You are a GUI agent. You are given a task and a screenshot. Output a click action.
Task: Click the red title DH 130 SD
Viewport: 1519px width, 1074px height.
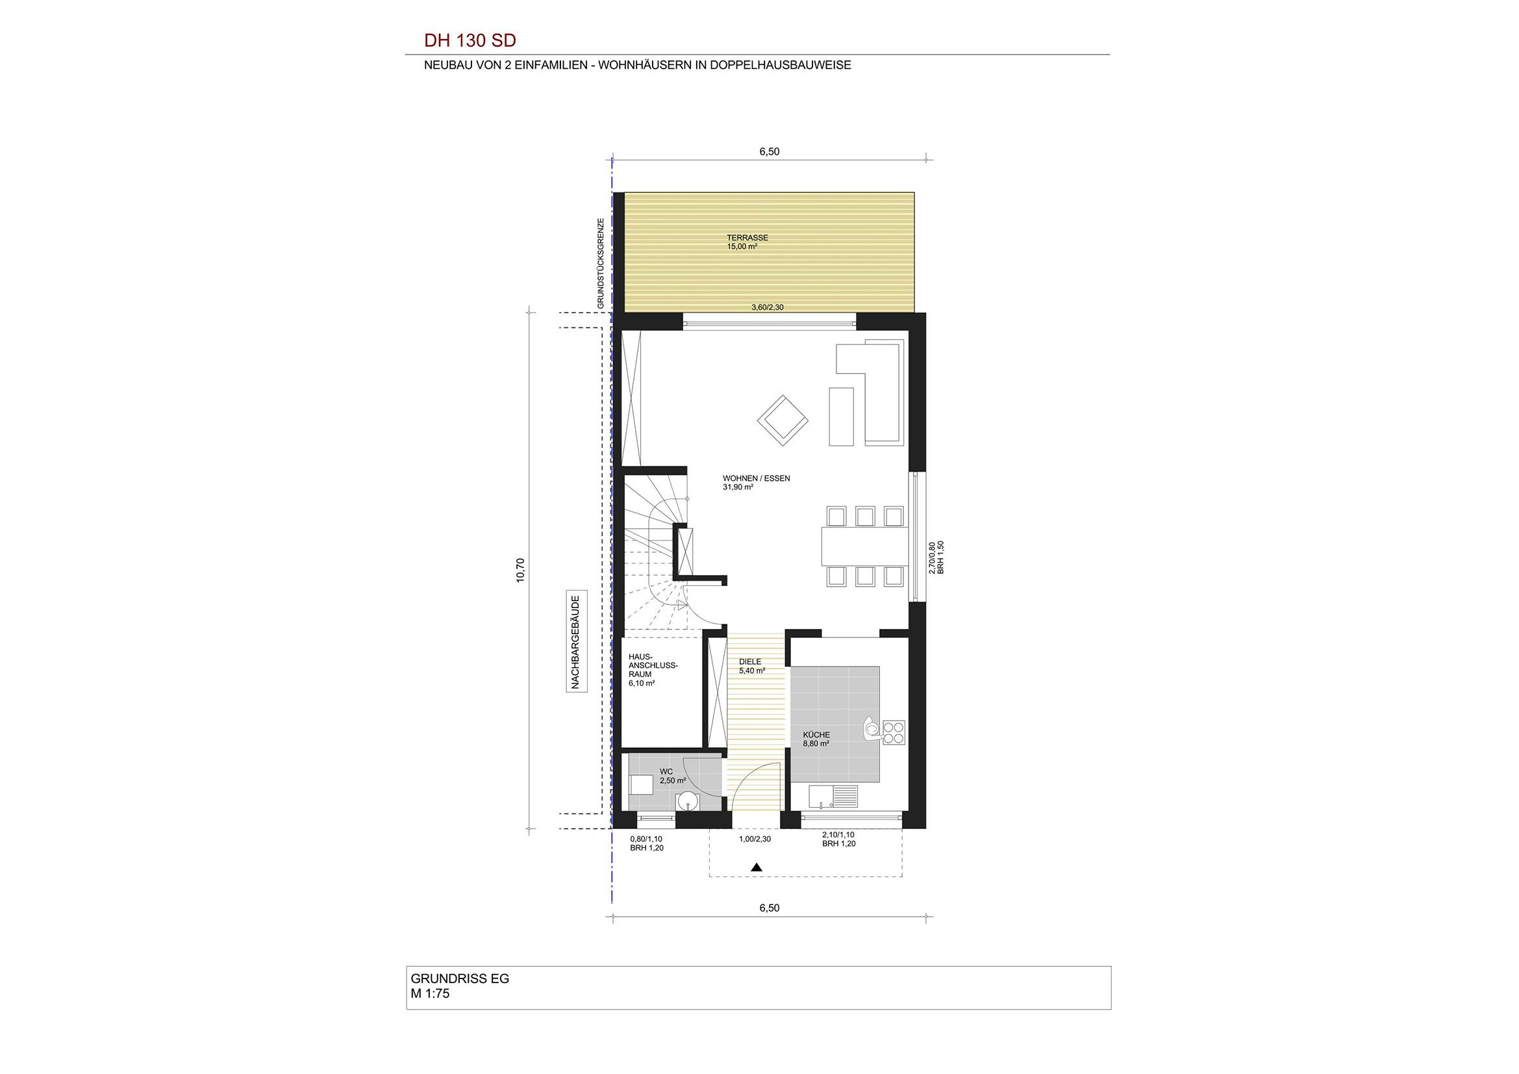[470, 40]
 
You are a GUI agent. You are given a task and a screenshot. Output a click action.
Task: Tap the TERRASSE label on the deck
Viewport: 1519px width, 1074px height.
[747, 238]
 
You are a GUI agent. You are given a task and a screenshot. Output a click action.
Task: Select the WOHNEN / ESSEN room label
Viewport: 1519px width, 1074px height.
[756, 478]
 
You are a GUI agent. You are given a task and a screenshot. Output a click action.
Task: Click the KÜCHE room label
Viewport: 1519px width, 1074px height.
[816, 735]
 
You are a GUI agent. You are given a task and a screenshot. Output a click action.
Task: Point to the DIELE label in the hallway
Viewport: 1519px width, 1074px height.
[750, 661]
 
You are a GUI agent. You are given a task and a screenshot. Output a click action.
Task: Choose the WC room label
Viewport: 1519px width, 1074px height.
[666, 771]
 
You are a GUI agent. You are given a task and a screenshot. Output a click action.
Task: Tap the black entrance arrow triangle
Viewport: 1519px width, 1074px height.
[757, 867]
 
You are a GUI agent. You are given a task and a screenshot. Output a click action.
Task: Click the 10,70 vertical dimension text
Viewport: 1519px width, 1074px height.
[520, 570]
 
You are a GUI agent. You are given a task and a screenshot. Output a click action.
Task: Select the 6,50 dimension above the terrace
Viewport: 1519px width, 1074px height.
[770, 151]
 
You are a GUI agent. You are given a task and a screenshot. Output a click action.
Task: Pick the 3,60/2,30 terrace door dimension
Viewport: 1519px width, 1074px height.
[768, 307]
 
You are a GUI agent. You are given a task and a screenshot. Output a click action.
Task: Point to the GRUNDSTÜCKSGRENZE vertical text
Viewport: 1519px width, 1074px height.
[601, 263]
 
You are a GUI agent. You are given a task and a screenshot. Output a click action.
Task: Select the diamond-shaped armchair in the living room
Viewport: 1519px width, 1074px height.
[783, 420]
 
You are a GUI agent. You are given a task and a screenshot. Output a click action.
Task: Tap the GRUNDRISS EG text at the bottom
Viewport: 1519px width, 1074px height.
[460, 978]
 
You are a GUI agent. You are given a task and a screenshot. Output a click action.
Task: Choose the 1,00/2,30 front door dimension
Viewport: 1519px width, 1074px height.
[755, 839]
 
